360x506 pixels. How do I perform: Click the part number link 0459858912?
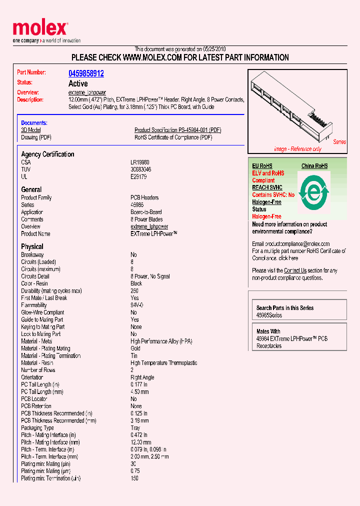pos(86,73)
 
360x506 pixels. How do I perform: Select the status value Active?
pos(78,83)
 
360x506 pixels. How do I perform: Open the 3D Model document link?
pos(30,130)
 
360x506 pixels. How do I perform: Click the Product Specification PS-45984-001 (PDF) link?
pos(177,130)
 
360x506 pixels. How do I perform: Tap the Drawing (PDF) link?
pos(36,137)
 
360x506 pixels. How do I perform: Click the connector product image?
pos(295,108)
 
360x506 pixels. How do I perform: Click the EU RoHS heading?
pos(262,166)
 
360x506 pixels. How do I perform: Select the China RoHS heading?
pos(314,166)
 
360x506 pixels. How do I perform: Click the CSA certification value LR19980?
pos(140,162)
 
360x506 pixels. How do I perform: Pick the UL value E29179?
pos(138,176)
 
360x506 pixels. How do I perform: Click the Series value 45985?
pos(137,205)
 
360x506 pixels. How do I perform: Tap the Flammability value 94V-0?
pos(136,305)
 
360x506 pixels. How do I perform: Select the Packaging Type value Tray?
pos(135,428)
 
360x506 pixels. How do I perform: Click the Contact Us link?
pos(295,270)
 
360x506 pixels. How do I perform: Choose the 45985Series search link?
pos(269,315)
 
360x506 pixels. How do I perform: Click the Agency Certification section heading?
pos(47,154)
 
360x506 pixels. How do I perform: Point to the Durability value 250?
pos(134,290)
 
